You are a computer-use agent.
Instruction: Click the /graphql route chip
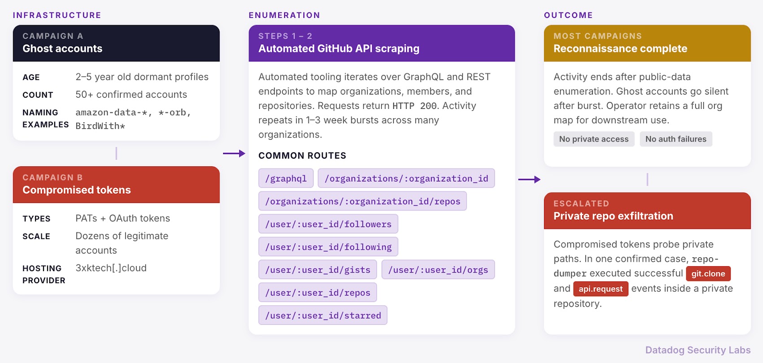click(x=286, y=178)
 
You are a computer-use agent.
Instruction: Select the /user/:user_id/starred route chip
click(x=323, y=315)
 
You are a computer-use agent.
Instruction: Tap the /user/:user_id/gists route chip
click(x=317, y=270)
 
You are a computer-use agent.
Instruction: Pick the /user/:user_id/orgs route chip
click(x=438, y=270)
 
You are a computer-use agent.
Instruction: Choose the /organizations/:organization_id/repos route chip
click(x=363, y=201)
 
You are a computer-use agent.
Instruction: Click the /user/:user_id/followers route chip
click(x=328, y=224)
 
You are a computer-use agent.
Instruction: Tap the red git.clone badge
click(x=708, y=273)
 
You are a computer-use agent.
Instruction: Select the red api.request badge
click(x=601, y=289)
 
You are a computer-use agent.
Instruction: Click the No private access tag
click(x=594, y=139)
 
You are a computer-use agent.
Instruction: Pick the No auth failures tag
click(x=676, y=139)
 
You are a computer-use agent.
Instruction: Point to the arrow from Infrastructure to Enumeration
click(x=234, y=153)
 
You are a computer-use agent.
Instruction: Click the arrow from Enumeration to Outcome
click(x=529, y=179)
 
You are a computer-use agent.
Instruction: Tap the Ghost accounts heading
click(x=62, y=49)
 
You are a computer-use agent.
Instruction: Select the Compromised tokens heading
click(x=77, y=190)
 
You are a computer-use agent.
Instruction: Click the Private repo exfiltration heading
click(x=613, y=216)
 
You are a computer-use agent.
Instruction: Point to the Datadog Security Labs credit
click(x=698, y=350)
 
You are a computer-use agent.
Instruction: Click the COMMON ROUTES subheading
click(x=302, y=156)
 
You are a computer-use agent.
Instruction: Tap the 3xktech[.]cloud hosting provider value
click(x=111, y=268)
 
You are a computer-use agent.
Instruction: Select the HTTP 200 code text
click(x=414, y=106)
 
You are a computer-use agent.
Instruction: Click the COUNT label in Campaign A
click(x=38, y=95)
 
